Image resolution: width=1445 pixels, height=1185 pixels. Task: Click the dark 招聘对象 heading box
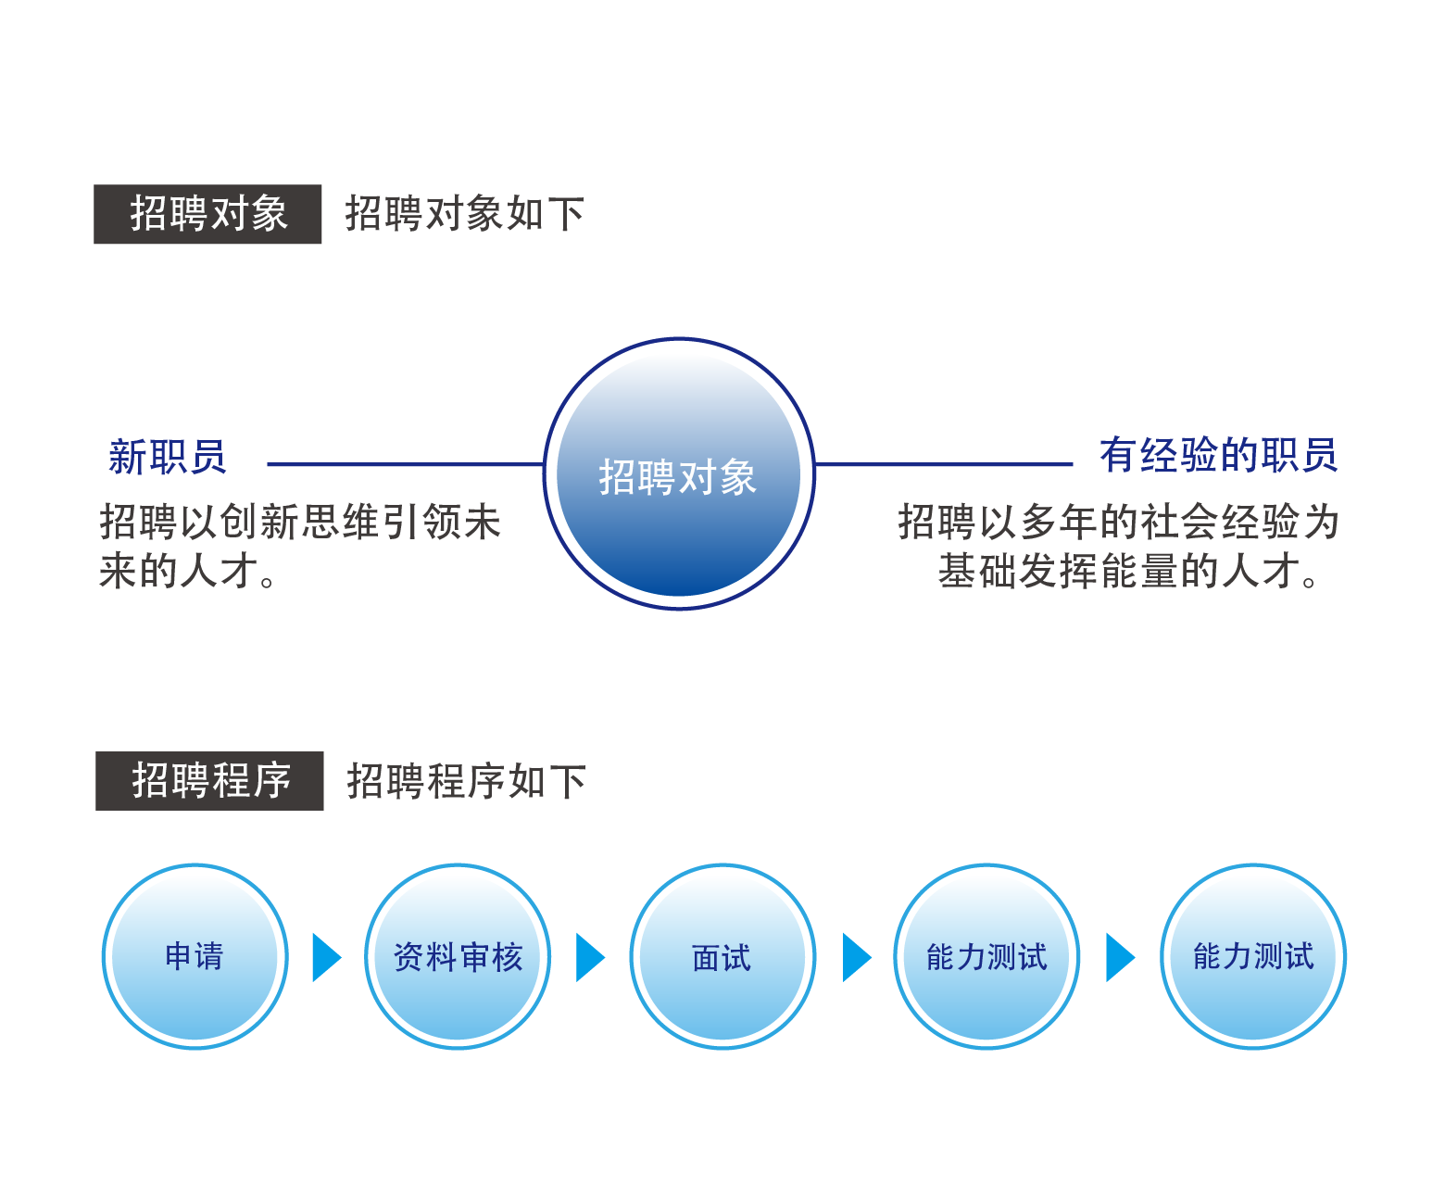point(207,213)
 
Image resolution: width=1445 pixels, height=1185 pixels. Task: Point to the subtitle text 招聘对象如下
point(464,213)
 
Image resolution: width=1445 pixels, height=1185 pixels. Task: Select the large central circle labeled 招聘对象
point(678,473)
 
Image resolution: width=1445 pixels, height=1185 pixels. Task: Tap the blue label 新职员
point(167,456)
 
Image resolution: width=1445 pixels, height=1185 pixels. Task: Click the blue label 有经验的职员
point(1217,454)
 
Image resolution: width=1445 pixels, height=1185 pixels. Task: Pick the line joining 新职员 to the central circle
point(405,464)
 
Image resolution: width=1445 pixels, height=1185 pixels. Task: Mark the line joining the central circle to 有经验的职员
point(943,464)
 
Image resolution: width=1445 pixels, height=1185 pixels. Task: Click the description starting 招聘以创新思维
point(300,546)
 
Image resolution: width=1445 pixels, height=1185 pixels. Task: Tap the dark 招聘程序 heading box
point(209,780)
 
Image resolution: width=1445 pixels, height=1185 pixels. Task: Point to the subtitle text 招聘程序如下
point(466,781)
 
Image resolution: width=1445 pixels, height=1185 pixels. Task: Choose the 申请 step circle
point(195,955)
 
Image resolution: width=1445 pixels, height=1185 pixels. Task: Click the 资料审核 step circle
point(457,955)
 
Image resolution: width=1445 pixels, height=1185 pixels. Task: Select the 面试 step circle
point(722,955)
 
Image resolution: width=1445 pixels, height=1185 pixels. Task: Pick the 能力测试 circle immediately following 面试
point(986,955)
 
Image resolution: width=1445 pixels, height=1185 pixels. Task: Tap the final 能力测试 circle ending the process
point(1252,955)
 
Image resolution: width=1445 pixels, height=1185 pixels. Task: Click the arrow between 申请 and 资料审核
point(325,956)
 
